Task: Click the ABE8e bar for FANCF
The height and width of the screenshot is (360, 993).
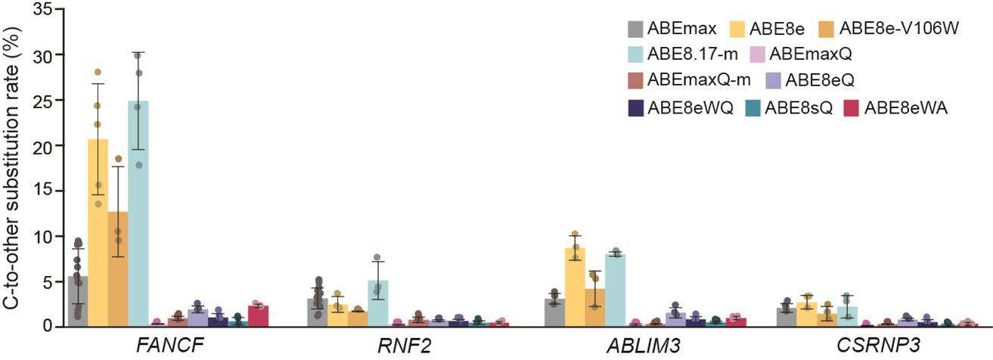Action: pos(98,233)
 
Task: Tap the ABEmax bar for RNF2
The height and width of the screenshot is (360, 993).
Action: pos(318,313)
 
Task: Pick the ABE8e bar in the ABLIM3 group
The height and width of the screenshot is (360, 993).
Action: pos(575,287)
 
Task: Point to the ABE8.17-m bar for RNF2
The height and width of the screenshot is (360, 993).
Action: pos(377,304)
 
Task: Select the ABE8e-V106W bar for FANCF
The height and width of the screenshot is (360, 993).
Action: pos(118,269)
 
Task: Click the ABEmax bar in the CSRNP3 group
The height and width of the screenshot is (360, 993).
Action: pos(787,318)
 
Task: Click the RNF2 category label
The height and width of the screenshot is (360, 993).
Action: pos(404,346)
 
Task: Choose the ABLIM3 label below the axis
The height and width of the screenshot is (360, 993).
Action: pos(644,346)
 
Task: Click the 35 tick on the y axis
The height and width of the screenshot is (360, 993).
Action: pos(42,9)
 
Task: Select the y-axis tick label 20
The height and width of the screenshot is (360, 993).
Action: pos(42,146)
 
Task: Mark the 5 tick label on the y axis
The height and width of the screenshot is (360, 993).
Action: pos(48,282)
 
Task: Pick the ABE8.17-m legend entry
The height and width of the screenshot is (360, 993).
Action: pos(683,54)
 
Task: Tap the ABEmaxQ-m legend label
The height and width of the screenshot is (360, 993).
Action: pos(699,80)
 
